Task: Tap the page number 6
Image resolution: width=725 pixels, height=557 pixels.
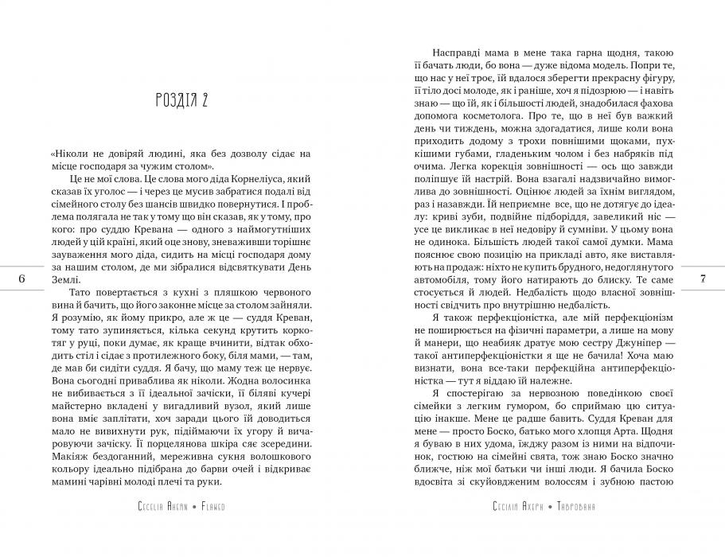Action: point(21,278)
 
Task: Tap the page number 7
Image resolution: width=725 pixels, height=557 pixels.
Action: point(703,278)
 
